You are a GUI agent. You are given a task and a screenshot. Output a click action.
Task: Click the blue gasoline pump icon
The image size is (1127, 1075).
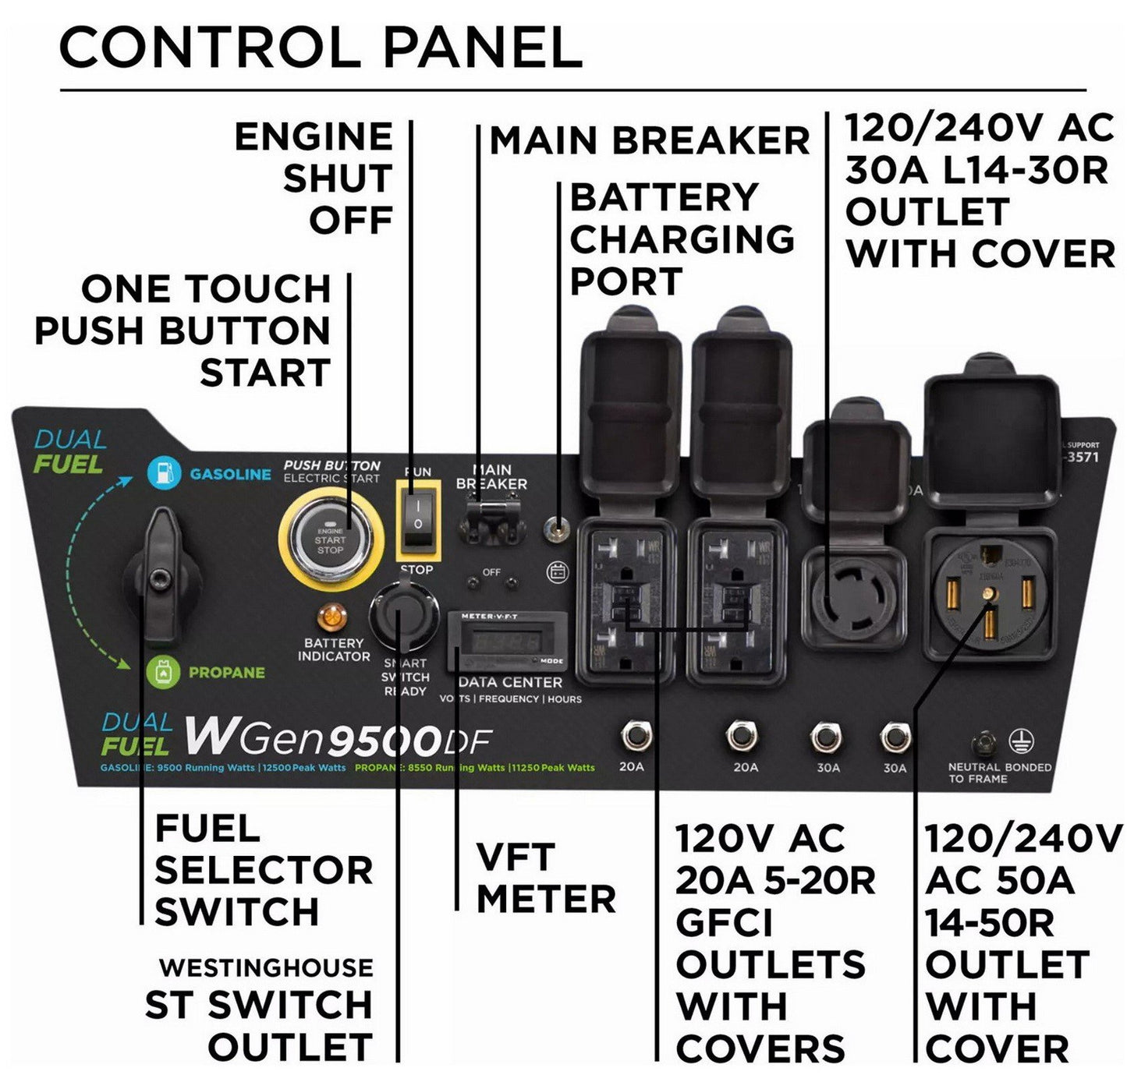pyautogui.click(x=165, y=472)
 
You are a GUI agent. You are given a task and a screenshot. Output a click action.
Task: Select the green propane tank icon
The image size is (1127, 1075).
pyautogui.click(x=163, y=672)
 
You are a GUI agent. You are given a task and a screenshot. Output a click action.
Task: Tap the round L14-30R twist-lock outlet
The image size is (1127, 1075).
pyautogui.click(x=855, y=600)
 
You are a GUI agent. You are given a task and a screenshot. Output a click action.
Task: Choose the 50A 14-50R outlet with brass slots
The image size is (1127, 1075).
pyautogui.click(x=989, y=596)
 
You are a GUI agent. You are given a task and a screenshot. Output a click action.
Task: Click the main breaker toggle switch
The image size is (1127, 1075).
pyautogui.click(x=491, y=520)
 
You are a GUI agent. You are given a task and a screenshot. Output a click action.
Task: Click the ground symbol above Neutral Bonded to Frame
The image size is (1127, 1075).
pyautogui.click(x=1017, y=741)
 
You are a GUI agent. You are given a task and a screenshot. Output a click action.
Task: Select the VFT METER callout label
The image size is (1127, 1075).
pyautogui.click(x=545, y=878)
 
